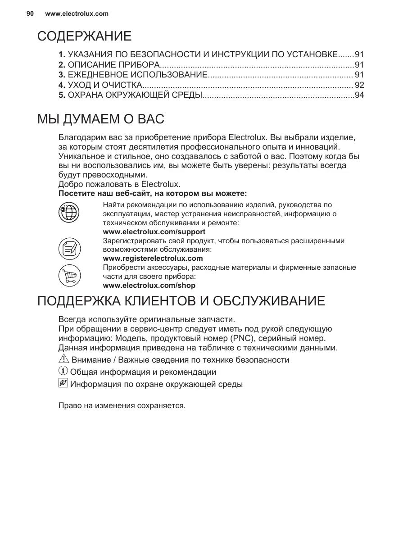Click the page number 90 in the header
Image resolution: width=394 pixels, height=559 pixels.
(30, 14)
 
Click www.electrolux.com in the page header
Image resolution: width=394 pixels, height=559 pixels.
(77, 14)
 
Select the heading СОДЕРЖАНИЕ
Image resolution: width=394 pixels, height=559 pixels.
(84, 36)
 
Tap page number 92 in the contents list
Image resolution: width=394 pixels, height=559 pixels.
(359, 85)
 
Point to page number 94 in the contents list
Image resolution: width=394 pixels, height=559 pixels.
(359, 95)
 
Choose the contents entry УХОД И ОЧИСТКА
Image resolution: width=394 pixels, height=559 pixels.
(104, 85)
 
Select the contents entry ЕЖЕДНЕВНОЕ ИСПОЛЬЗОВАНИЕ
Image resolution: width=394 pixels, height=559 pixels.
(137, 75)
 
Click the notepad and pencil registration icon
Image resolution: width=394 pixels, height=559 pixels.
(69, 248)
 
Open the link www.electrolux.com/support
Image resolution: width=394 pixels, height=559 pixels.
(154, 232)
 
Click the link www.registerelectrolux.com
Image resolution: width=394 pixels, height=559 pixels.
(153, 259)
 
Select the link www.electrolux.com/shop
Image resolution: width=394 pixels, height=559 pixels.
(149, 286)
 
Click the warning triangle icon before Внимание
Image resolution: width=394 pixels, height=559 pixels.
(63, 359)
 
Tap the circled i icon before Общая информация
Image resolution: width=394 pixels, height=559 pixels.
(63, 372)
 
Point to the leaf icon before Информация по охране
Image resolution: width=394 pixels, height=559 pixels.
(63, 384)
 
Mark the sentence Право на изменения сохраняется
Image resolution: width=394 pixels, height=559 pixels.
(122, 405)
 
